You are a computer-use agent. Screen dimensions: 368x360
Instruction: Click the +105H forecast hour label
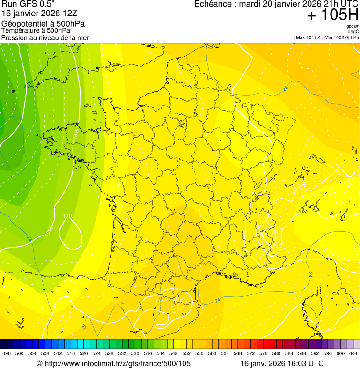click(332, 15)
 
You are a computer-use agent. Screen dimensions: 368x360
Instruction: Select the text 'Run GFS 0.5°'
click(29, 4)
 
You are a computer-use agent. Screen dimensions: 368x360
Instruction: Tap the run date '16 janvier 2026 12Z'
click(37, 13)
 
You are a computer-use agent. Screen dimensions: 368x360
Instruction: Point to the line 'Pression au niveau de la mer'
click(45, 37)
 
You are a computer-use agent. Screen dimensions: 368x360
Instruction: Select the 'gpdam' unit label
click(353, 26)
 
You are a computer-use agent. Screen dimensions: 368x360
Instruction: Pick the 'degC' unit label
click(353, 32)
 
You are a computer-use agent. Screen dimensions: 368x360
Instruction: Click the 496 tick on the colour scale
click(7, 353)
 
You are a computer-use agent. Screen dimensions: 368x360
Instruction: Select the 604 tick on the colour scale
click(353, 353)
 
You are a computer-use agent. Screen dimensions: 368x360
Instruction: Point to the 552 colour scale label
click(186, 353)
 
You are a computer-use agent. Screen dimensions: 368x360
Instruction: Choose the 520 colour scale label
click(84, 353)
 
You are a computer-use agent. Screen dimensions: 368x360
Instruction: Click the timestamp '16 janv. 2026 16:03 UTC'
click(282, 363)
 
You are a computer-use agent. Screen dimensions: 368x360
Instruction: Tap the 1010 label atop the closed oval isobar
click(68, 216)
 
